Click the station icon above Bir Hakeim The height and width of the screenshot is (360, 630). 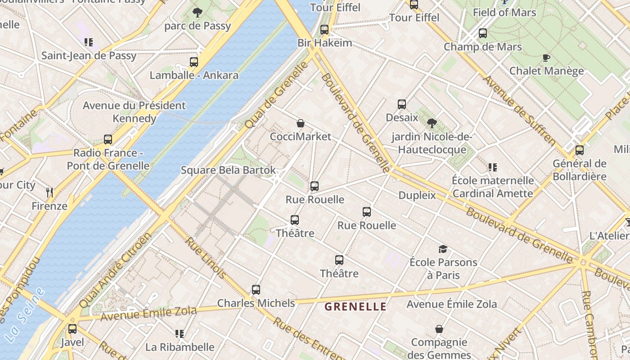(324, 30)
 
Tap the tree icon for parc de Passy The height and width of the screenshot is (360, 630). (197, 13)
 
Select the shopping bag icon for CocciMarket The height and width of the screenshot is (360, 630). (301, 123)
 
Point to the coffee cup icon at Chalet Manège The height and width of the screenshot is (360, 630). (546, 58)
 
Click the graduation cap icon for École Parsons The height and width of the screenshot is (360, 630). (443, 249)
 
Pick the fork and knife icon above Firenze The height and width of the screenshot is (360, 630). (49, 193)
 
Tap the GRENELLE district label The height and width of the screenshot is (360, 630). (355, 307)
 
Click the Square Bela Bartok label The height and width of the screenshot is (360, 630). (228, 170)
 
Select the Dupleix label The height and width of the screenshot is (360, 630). (417, 195)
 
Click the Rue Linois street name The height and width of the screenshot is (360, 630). (206, 257)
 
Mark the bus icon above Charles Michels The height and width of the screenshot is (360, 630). (256, 290)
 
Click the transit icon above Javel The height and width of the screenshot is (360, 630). (72, 329)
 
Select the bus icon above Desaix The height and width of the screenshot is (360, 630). (402, 104)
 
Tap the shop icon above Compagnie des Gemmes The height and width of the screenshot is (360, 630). (439, 329)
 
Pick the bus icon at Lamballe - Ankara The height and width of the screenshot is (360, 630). (194, 62)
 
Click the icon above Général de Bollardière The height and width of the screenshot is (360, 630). (580, 150)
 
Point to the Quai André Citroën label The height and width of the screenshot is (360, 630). (116, 270)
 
